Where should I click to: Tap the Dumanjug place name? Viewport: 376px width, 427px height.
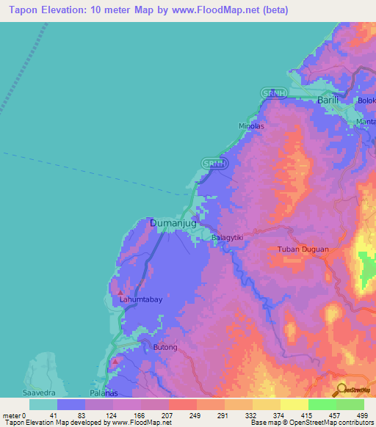coord(173,222)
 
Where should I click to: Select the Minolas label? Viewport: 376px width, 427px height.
coord(251,125)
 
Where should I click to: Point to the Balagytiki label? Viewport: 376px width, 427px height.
coord(227,238)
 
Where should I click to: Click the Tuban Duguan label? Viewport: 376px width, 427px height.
coord(303,249)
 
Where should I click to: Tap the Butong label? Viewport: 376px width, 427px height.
coord(165,347)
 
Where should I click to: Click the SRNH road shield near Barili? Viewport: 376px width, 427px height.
coord(273,92)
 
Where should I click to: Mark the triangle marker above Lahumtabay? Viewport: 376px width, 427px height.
coord(120,292)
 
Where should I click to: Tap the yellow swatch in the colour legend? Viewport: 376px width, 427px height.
coord(294,404)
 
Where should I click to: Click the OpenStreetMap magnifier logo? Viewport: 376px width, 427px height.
coord(340,390)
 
